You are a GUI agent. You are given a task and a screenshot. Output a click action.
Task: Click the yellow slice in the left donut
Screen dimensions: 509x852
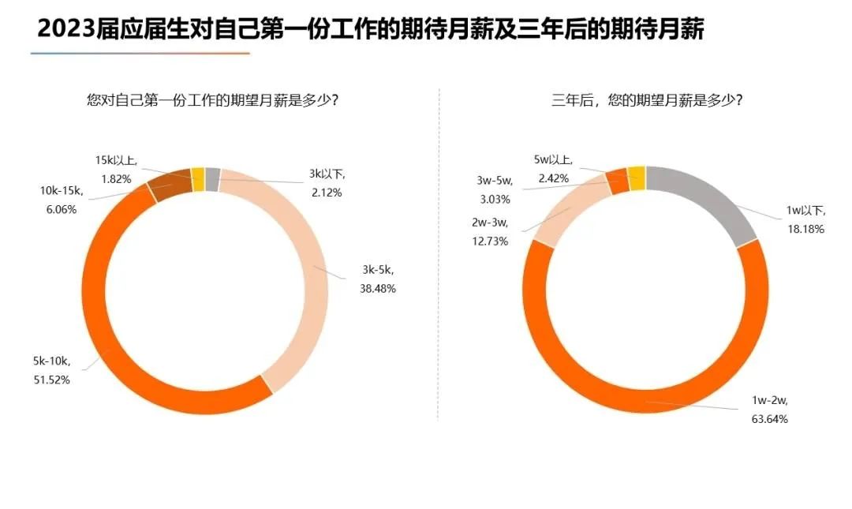(198, 179)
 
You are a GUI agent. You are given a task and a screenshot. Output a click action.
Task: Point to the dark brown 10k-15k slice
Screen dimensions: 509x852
(169, 185)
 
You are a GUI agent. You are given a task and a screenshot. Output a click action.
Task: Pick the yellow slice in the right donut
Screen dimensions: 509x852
(637, 178)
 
